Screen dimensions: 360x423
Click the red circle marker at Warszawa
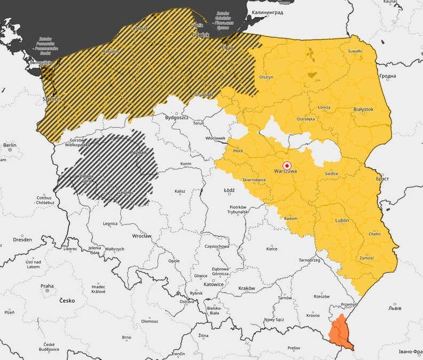(287, 165)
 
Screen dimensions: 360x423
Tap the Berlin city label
(10, 145)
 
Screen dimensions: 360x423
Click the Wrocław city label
(142, 236)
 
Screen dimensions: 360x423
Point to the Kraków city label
(246, 288)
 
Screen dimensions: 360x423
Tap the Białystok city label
(363, 109)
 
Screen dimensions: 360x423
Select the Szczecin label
(52, 99)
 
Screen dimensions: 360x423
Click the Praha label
(47, 286)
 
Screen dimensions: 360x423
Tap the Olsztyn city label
(266, 77)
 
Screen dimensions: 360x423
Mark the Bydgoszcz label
(177, 117)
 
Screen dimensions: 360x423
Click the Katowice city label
(214, 285)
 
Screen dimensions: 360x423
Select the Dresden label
(22, 240)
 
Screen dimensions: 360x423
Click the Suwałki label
(355, 51)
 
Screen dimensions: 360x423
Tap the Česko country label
(67, 301)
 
